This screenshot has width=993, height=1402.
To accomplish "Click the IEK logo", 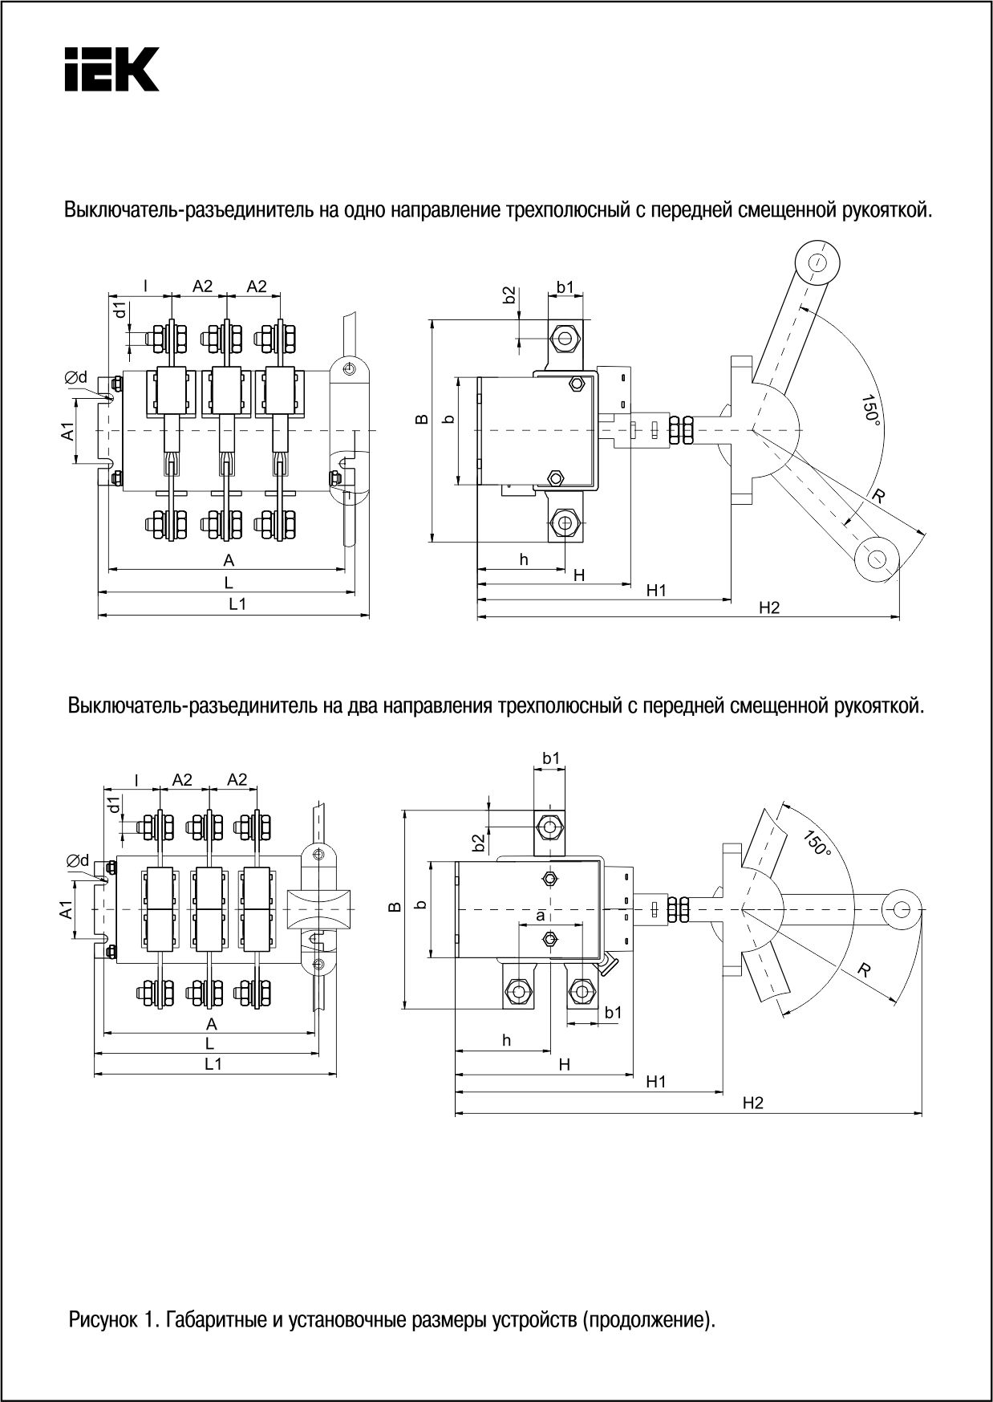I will pos(111,69).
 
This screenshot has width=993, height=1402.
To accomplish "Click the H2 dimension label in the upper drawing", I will pos(769,608).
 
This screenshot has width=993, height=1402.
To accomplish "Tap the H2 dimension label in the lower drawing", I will pos(752,1103).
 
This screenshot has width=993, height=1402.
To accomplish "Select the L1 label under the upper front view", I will pos(237,604).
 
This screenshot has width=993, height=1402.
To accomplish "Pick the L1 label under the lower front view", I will pos(213,1063).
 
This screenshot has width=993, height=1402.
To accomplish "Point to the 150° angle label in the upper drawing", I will pos(869,410).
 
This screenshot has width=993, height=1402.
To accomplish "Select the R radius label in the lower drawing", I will pos(864,969).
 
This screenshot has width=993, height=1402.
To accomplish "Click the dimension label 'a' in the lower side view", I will pos(540,915).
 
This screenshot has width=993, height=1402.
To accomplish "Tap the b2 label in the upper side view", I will pos(509,295).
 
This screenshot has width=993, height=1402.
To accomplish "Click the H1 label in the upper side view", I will pos(657,591).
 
